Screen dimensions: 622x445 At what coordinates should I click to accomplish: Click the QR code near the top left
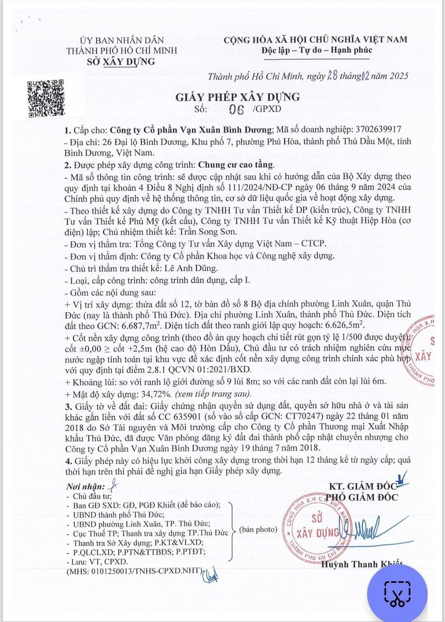click(x=46, y=98)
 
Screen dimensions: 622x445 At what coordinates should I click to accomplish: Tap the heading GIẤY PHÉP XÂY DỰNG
click(x=238, y=97)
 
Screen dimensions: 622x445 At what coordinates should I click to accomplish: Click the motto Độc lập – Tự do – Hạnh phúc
click(x=316, y=50)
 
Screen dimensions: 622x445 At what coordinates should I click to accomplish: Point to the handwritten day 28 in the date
click(x=332, y=76)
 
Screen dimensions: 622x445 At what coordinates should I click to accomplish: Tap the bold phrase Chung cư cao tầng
click(x=236, y=165)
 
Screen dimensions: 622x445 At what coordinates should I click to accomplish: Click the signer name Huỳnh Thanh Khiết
click(x=361, y=564)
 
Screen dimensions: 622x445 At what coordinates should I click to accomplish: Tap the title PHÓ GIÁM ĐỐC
click(x=362, y=498)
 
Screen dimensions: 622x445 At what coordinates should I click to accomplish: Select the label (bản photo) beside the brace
click(x=258, y=530)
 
